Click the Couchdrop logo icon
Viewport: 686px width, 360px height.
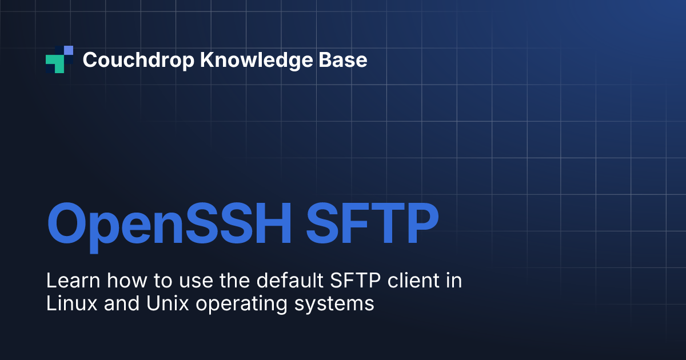point(59,59)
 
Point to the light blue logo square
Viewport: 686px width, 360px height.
point(69,50)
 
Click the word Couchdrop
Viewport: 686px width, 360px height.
point(138,60)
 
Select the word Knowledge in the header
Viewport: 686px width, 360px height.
point(256,60)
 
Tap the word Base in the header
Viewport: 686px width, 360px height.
point(342,59)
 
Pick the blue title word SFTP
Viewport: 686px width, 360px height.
point(372,223)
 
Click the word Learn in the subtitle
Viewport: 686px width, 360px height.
point(73,281)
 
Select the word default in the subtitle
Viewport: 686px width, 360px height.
point(290,280)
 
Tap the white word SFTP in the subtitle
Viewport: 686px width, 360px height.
point(355,281)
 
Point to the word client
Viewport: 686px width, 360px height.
point(413,280)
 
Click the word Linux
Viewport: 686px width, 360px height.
point(71,303)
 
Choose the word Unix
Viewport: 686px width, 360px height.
point(167,303)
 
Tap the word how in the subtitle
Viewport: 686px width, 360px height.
point(127,280)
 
